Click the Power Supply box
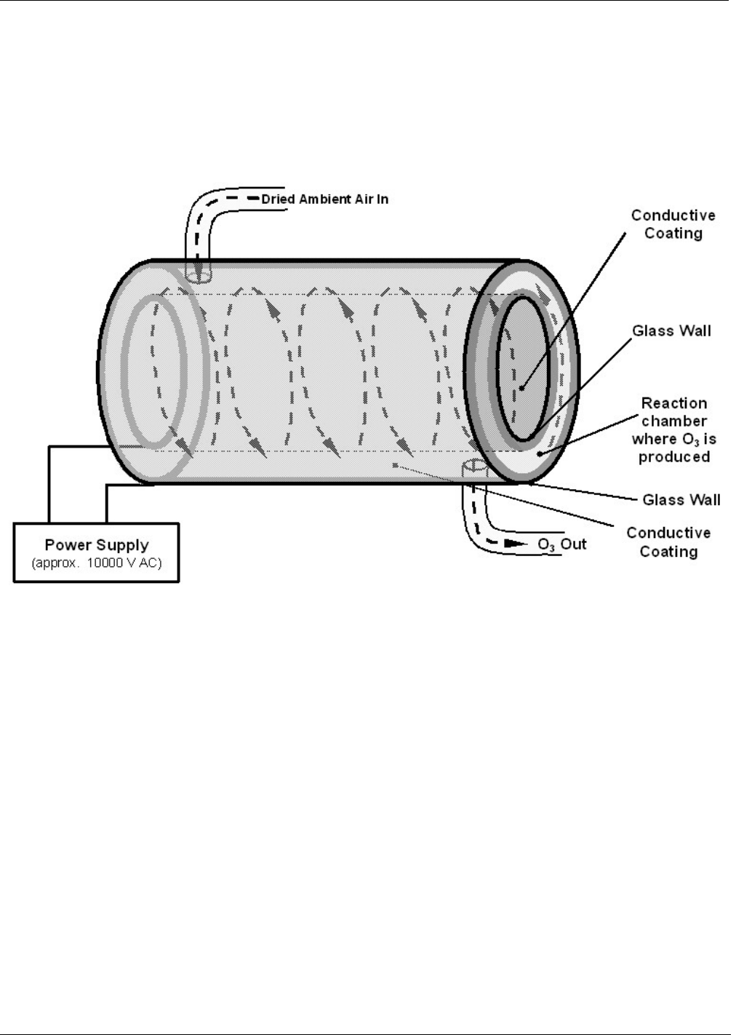tap(96, 552)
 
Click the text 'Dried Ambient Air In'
tap(325, 199)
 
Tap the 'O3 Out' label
tap(561, 544)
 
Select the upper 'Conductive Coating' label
tap(673, 224)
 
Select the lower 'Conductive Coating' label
tap(668, 542)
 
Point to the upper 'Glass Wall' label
tap(671, 331)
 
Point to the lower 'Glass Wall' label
tap(681, 500)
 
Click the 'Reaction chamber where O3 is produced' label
tap(673, 429)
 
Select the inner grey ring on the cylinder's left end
tap(154, 369)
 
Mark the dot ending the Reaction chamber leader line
tap(539, 453)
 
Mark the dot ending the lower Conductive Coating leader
tap(394, 464)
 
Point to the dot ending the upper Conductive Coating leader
tap(521, 388)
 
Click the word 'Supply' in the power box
tap(122, 545)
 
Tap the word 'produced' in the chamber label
tap(673, 457)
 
